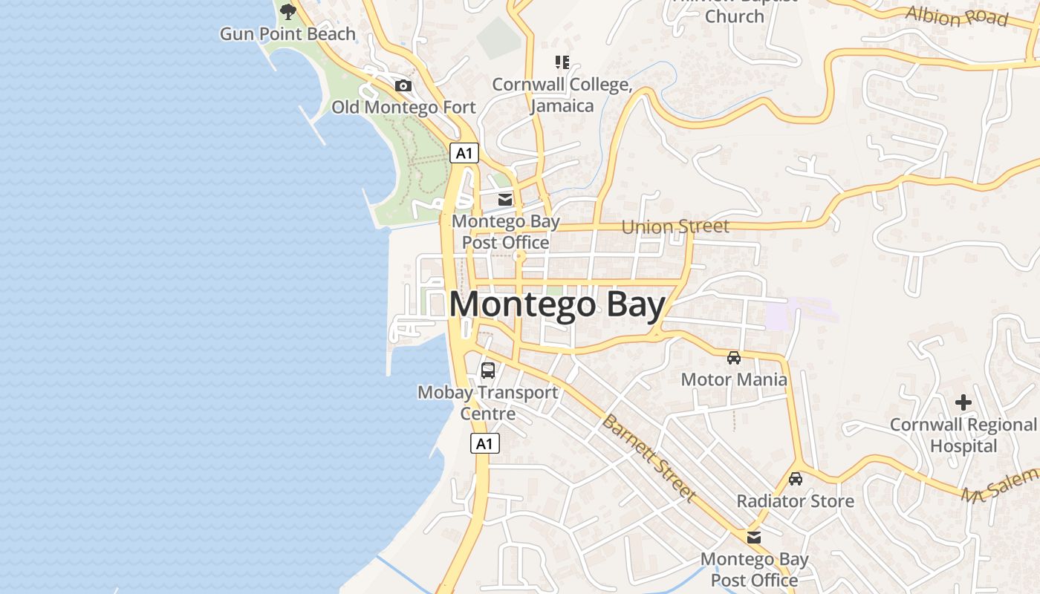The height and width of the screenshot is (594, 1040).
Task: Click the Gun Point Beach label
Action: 287,34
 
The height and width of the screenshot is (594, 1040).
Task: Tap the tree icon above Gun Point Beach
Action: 287,11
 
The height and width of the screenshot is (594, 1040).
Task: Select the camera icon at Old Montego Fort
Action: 403,86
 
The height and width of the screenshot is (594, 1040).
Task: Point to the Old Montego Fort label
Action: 403,108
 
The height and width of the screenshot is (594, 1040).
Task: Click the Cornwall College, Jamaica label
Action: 562,95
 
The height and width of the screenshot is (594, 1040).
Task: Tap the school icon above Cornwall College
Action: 562,62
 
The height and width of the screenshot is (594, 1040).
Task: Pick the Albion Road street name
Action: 957,16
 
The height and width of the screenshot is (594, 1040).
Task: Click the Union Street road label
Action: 675,226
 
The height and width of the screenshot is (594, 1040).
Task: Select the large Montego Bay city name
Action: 557,305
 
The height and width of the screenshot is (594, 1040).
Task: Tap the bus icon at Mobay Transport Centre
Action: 488,370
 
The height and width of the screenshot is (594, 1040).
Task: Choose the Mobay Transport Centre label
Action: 488,402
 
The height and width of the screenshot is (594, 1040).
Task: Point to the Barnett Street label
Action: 649,457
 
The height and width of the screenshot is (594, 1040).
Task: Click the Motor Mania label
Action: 734,380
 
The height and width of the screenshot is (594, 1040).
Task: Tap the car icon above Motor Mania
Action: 734,358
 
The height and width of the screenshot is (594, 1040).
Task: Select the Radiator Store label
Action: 795,501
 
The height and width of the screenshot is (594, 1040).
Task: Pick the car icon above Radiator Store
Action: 796,479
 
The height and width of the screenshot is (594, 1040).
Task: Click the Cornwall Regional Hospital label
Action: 963,435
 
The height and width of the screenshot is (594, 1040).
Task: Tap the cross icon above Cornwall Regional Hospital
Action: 963,403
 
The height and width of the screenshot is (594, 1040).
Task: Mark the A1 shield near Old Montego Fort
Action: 464,154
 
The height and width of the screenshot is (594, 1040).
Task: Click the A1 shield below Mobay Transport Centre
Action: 484,444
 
